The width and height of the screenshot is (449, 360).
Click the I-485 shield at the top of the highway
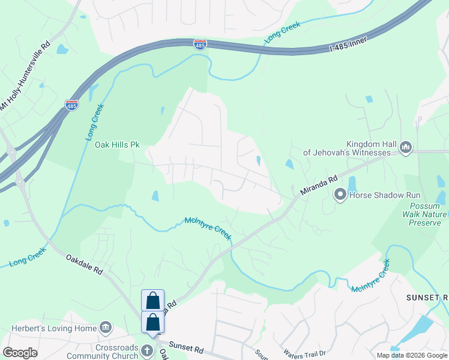coord(200,44)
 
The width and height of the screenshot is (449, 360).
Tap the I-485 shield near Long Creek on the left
coord(71,105)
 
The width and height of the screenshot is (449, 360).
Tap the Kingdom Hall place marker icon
coord(406,147)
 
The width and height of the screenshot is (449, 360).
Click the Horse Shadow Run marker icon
coord(340,194)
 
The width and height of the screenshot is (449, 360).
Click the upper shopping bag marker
coord(153,301)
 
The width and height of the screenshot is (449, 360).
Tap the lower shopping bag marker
coord(153,322)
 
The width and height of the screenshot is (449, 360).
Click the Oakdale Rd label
coord(84,266)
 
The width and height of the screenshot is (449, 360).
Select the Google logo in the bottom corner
coord(20,353)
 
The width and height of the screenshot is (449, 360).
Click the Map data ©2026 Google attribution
coord(412,355)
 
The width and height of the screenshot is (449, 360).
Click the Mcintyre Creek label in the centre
coord(208,228)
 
